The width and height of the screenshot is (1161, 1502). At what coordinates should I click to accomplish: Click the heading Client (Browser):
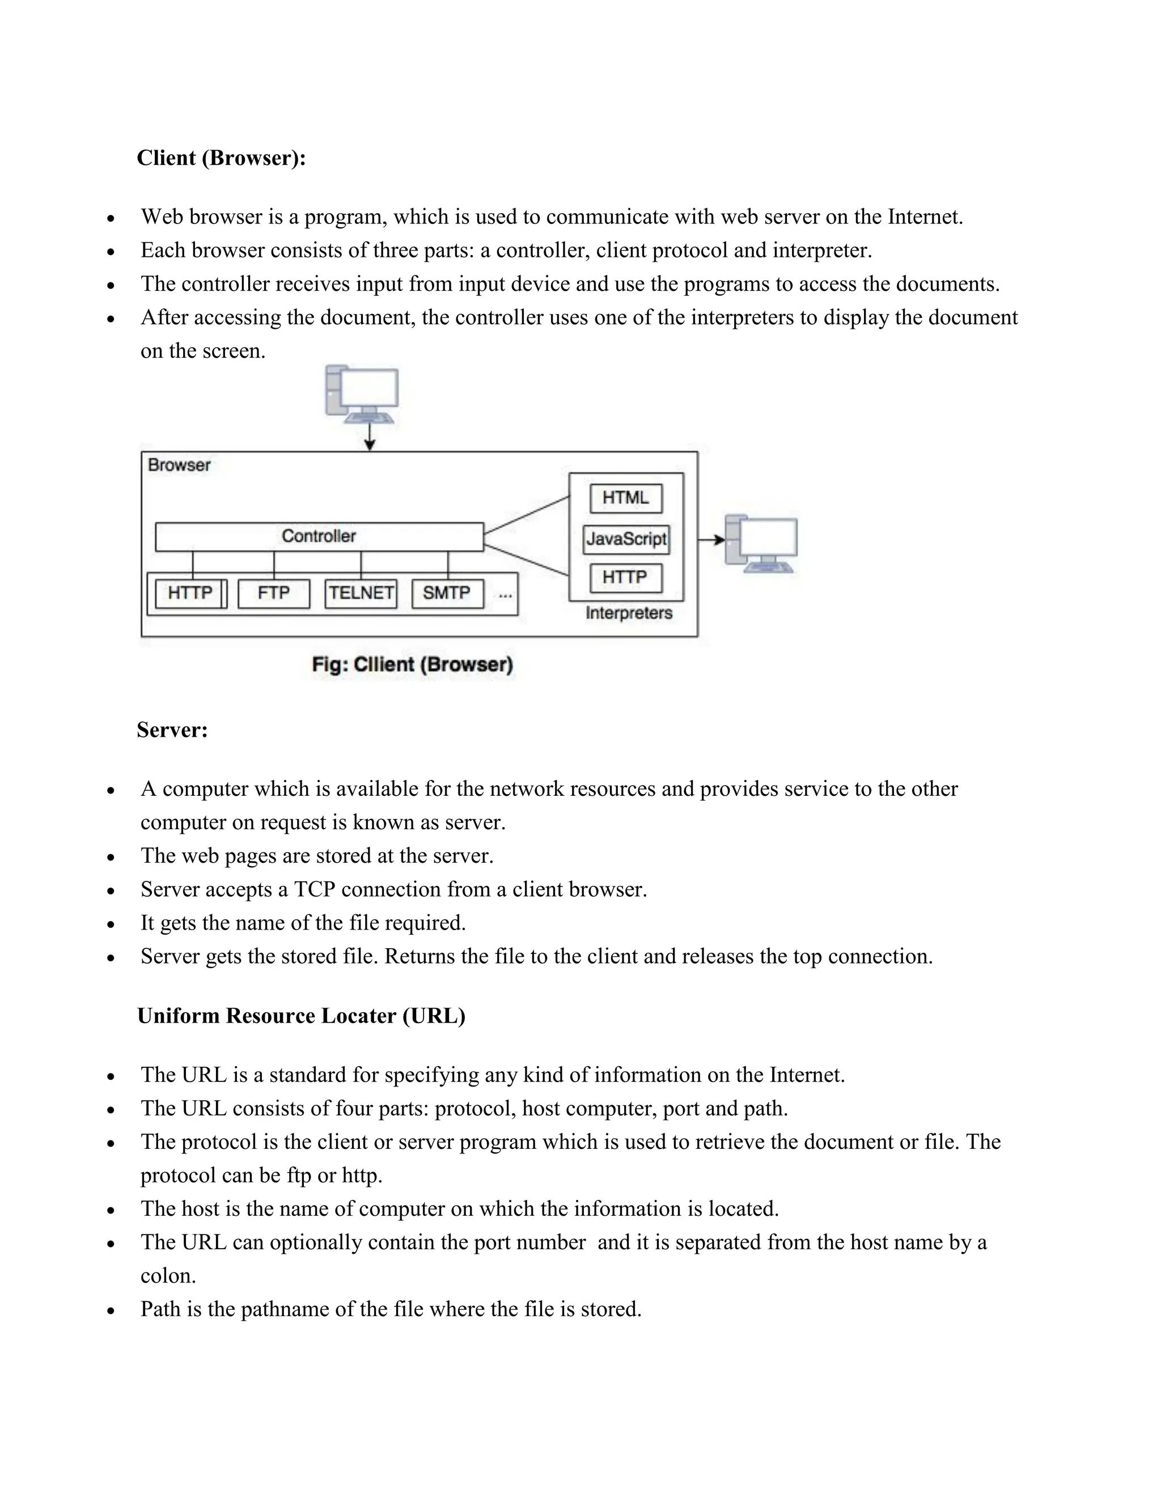(x=221, y=158)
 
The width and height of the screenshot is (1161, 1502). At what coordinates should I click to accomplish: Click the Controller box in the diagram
(x=319, y=536)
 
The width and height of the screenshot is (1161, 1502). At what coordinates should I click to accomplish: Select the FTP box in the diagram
(x=274, y=593)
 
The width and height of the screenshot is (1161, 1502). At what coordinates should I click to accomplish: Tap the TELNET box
(x=361, y=593)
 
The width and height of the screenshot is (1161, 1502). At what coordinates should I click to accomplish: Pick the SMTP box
(x=447, y=593)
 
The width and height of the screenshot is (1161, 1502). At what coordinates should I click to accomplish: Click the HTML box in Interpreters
(x=626, y=498)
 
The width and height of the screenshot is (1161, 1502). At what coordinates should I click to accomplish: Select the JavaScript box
(x=626, y=538)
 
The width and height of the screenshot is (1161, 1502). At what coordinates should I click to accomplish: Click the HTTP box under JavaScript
(x=626, y=578)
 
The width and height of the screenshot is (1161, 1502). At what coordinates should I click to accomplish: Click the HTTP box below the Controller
(x=190, y=593)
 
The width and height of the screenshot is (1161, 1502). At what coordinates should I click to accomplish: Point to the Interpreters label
(x=629, y=613)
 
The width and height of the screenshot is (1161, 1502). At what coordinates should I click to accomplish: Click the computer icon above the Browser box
(x=362, y=393)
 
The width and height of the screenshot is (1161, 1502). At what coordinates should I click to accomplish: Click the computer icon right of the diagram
(x=761, y=544)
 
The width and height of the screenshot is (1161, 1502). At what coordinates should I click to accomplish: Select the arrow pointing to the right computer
(x=711, y=540)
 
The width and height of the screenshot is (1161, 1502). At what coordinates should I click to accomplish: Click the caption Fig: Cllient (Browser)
(x=413, y=664)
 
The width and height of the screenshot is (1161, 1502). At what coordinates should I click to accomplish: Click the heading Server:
(x=172, y=729)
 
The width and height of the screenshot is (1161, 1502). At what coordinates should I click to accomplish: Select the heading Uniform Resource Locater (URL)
(x=301, y=1016)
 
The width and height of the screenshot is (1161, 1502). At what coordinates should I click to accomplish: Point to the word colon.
(x=168, y=1276)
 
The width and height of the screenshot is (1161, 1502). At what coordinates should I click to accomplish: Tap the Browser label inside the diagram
(x=179, y=465)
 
